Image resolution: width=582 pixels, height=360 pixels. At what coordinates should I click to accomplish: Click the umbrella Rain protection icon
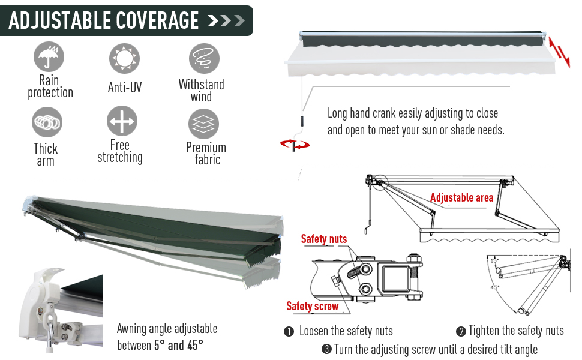click(49, 58)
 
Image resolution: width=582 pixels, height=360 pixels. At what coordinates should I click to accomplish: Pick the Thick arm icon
click(47, 122)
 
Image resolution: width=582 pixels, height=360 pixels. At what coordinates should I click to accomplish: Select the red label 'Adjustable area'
click(461, 197)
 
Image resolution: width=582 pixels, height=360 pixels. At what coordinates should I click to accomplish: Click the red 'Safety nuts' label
click(323, 239)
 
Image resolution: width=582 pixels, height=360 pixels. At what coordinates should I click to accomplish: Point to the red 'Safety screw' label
click(312, 306)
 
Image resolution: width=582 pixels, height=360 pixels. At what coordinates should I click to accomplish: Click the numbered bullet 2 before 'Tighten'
click(461, 331)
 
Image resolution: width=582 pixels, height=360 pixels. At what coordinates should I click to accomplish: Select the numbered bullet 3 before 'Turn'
click(326, 349)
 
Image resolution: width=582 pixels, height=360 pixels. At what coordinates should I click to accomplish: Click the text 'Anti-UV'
click(125, 88)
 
